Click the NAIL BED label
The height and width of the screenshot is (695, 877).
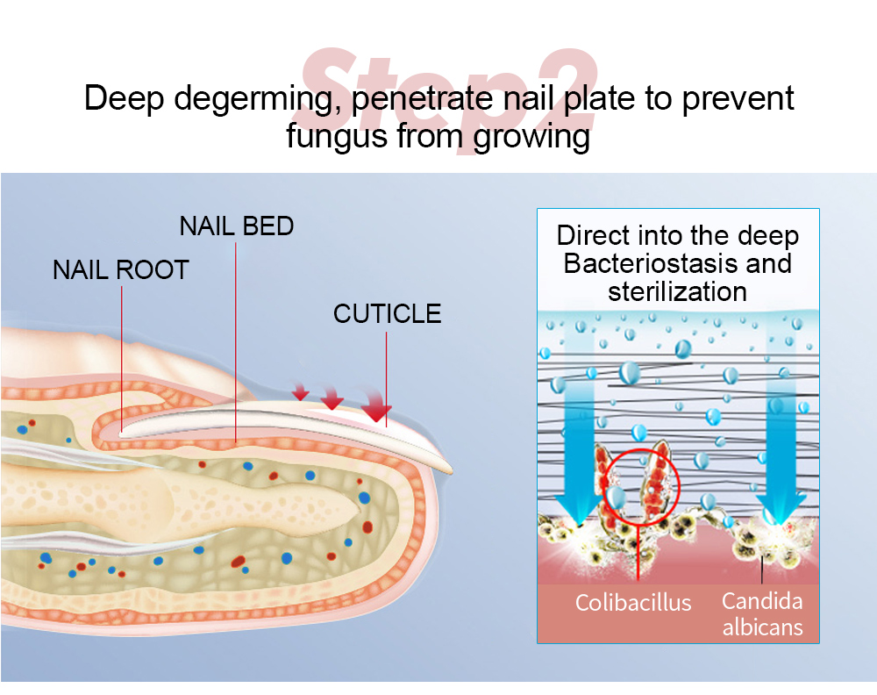click(237, 226)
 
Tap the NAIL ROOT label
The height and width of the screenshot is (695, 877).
click(121, 269)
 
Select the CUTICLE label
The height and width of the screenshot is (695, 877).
click(387, 313)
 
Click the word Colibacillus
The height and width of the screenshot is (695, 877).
click(633, 603)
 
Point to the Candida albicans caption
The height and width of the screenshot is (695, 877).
click(762, 614)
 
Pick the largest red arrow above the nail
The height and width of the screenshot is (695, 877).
click(377, 409)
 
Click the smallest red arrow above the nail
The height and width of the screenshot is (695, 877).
click(301, 392)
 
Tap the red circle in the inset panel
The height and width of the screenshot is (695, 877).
click(638, 484)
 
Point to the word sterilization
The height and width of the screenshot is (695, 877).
click(677, 290)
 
